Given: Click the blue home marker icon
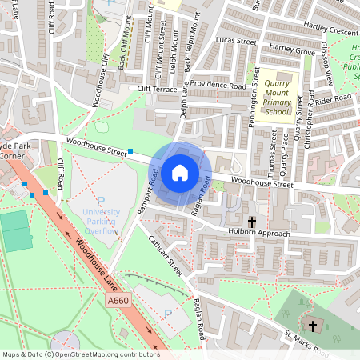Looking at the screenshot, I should [180, 173].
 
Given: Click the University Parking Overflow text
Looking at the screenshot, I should [101, 217].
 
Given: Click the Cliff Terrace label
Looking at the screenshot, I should [157, 89].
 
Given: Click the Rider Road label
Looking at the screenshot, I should [334, 99].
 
